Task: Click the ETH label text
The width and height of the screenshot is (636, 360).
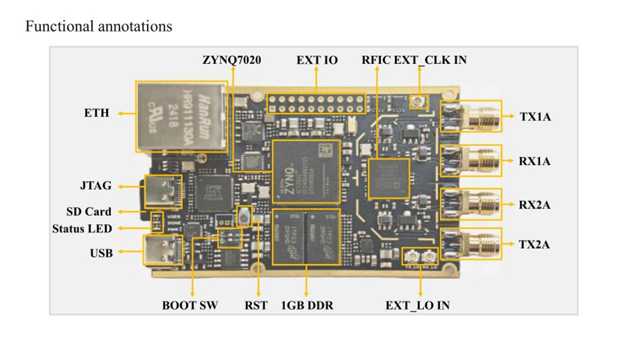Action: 97,113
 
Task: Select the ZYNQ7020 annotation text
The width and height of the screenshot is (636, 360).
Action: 232,60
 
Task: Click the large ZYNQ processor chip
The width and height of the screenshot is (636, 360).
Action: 305,171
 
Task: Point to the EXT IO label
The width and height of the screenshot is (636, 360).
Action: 317,60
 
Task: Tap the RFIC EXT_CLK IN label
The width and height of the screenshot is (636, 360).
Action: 414,60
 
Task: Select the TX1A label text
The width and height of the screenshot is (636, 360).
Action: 535,117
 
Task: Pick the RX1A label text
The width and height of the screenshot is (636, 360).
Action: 535,161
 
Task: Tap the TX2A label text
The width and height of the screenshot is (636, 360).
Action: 535,245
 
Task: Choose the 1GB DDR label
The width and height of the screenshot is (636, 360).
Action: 307,306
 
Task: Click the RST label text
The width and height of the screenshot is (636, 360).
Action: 256,306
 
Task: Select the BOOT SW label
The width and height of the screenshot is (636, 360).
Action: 190,306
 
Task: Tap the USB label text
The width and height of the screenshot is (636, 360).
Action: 101,253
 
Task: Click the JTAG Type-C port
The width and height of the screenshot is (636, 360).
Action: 161,190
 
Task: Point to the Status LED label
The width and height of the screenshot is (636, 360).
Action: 82,229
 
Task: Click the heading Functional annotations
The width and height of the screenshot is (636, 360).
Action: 99,27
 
